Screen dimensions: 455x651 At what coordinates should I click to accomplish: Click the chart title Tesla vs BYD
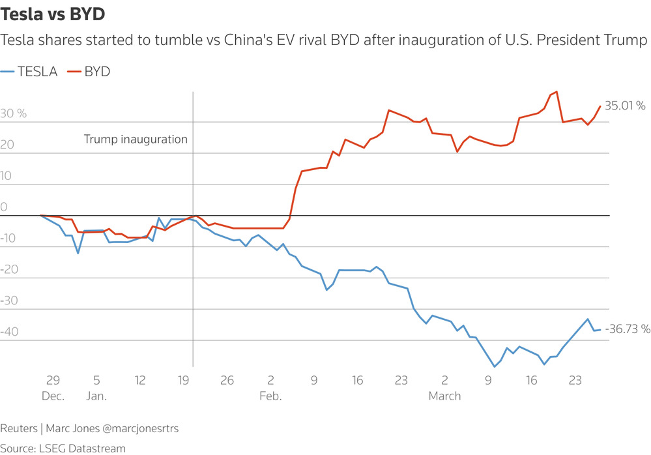click(x=53, y=14)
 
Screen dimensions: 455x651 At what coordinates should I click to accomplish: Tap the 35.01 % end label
click(x=625, y=106)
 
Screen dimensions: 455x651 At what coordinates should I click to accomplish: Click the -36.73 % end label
click(x=628, y=330)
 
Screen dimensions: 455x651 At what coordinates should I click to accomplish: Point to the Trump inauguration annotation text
click(x=136, y=139)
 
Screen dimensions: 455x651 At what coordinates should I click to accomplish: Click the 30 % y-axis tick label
click(x=14, y=114)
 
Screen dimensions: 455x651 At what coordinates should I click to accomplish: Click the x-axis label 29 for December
click(x=52, y=381)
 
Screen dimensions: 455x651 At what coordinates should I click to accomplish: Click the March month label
click(x=444, y=396)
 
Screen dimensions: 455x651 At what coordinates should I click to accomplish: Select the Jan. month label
click(x=96, y=396)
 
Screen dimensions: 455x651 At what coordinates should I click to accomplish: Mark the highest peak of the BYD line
click(x=556, y=92)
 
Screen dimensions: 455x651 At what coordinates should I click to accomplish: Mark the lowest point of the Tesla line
click(x=495, y=367)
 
